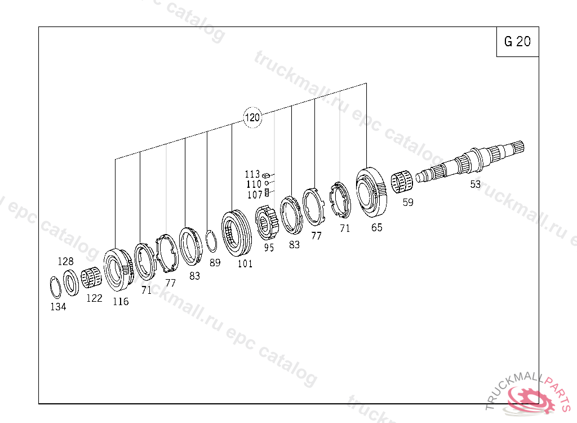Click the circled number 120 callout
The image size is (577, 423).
point(252,117)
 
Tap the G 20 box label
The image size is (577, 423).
point(517,41)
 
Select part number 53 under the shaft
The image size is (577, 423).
point(476,184)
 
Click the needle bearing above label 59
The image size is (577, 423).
point(402,182)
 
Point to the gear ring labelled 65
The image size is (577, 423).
point(371,192)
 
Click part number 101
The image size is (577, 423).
point(245,264)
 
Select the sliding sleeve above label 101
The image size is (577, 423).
point(237,233)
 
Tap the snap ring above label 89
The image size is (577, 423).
point(212,241)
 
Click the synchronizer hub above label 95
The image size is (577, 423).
point(268,223)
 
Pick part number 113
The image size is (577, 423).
point(252,174)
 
